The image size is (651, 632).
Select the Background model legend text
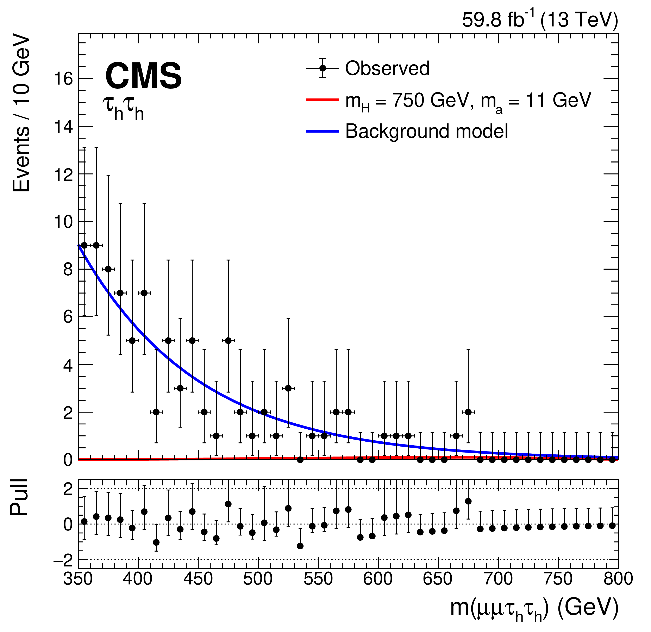(x=427, y=131)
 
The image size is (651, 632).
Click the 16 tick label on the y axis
(x=63, y=79)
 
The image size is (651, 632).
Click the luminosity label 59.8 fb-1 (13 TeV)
(x=540, y=20)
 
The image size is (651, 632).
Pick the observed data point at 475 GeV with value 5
(x=228, y=340)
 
